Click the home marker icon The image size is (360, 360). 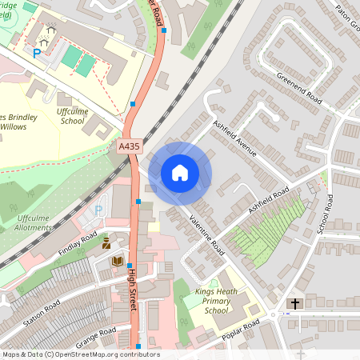180,172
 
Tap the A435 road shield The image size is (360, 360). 129,147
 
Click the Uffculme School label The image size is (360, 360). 71,116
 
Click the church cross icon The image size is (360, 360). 295,304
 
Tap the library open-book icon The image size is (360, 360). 117,261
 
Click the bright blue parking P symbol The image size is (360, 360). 36,54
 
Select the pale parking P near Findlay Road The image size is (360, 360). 99,210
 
